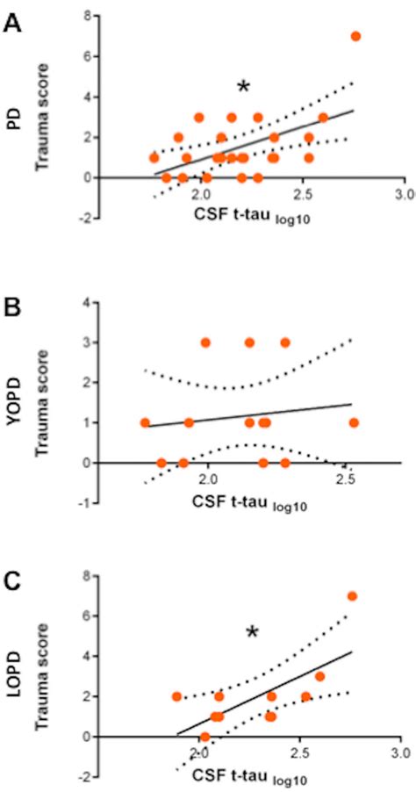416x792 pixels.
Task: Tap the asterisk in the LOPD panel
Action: click(x=252, y=632)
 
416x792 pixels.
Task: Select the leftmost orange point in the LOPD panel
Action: click(x=177, y=696)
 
